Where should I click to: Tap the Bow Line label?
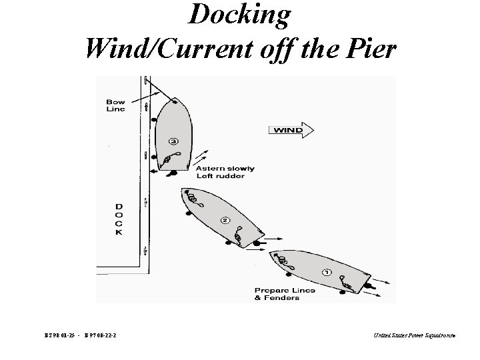tap(115, 105)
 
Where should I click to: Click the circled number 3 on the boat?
tap(173, 141)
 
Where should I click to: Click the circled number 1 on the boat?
tap(327, 272)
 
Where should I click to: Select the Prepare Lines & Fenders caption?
tap(285, 294)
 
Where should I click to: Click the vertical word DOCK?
tap(119, 219)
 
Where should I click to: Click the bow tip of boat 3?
tap(174, 99)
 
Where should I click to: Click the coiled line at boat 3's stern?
tap(169, 157)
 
